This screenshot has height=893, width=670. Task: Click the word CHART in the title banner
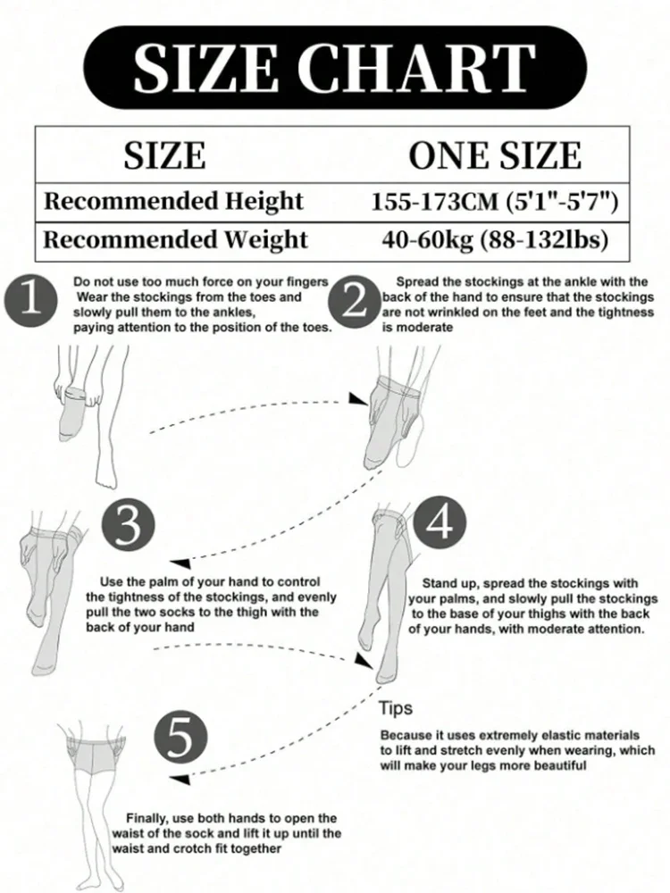pos(416,67)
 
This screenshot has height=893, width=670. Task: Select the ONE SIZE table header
pos(495,155)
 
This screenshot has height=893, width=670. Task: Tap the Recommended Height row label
pos(174,202)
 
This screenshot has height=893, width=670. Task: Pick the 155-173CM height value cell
pos(495,202)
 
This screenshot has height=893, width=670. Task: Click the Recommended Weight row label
pos(175,239)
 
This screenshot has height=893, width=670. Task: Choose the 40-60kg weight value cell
pos(495,239)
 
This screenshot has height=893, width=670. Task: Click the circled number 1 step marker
pos(31,301)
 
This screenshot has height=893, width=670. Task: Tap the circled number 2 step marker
pos(355,302)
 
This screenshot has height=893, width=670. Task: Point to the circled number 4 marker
pos(440,522)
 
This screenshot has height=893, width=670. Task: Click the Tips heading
pos(396,708)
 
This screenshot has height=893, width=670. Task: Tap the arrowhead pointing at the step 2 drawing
pos(358,399)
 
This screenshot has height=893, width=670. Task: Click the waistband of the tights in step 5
pos(96,741)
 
